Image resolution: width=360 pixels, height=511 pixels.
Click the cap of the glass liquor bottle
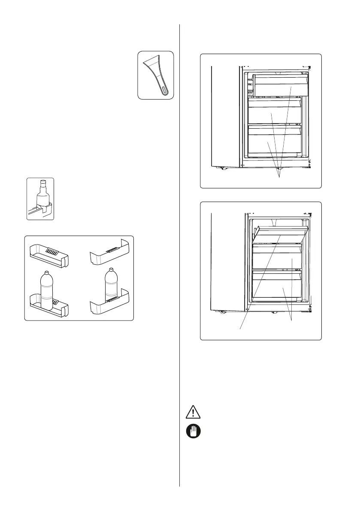point(42,182)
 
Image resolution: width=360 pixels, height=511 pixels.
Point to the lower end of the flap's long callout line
point(239,329)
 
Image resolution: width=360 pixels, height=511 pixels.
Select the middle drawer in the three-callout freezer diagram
point(275,114)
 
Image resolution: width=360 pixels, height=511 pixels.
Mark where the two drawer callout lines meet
point(292,321)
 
